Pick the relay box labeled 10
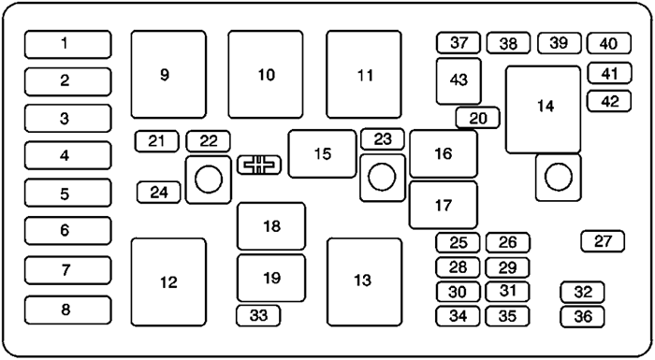point(266,73)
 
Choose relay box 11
point(364,73)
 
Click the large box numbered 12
point(168,281)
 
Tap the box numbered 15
point(322,153)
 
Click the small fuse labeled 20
point(478,118)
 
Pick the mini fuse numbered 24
point(158,193)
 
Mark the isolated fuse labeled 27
point(603,241)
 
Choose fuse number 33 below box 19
point(258,316)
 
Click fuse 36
point(583,316)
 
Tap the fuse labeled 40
point(608,44)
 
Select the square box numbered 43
point(458,80)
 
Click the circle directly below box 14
point(558,177)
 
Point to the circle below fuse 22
point(209,178)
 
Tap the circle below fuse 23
point(382,177)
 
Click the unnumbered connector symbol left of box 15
point(258,166)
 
